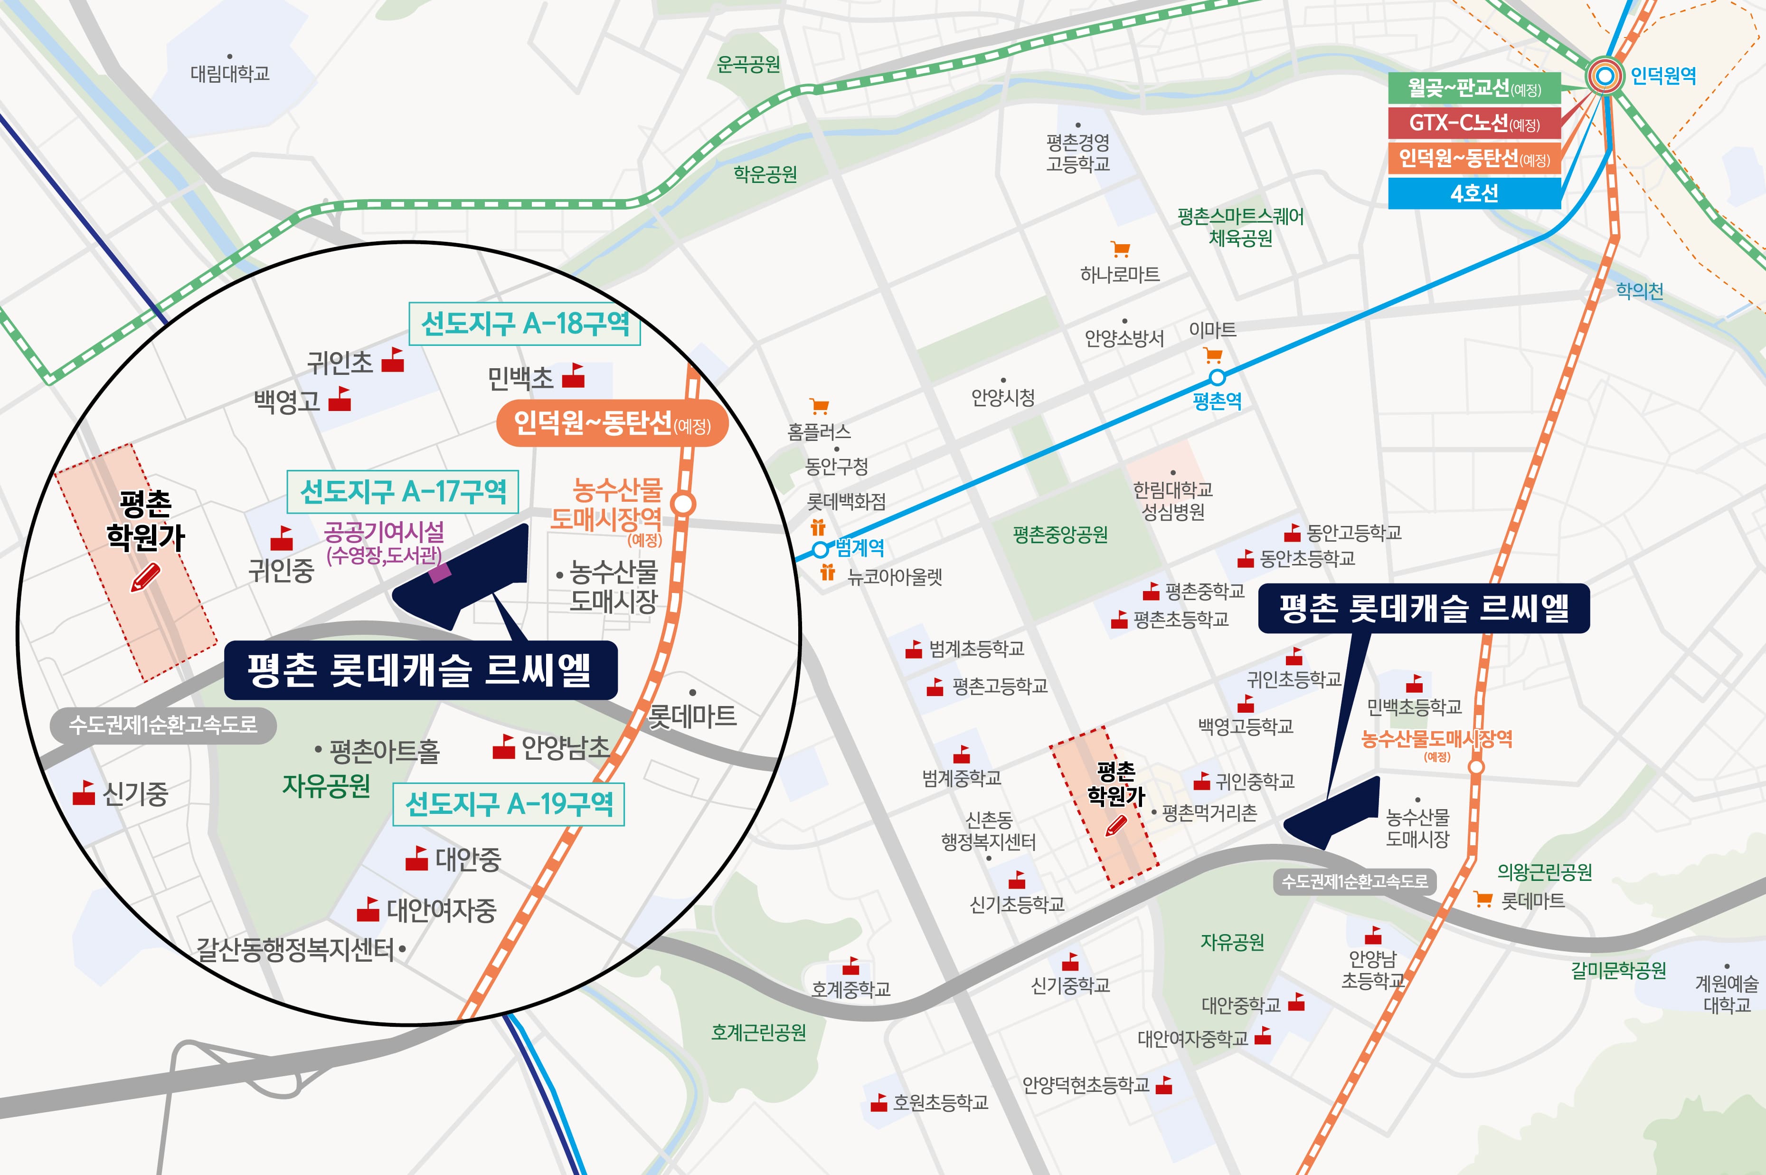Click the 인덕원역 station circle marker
(x=1604, y=76)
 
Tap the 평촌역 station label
(x=1217, y=401)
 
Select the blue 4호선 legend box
(x=1474, y=193)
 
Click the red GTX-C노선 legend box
(x=1474, y=123)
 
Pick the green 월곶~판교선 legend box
(x=1474, y=88)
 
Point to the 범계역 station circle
(x=820, y=549)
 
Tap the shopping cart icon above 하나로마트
(x=1120, y=249)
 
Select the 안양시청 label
(x=1003, y=397)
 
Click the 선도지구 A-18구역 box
(x=524, y=324)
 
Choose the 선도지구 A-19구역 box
(x=509, y=804)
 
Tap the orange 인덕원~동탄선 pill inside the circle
(x=611, y=424)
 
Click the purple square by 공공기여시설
(x=440, y=573)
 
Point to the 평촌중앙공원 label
(x=1060, y=535)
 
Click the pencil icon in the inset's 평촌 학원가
(x=146, y=578)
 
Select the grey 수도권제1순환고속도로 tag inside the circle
(x=162, y=725)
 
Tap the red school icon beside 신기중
(x=83, y=793)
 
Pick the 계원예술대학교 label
(x=1726, y=993)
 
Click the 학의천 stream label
(x=1639, y=291)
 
